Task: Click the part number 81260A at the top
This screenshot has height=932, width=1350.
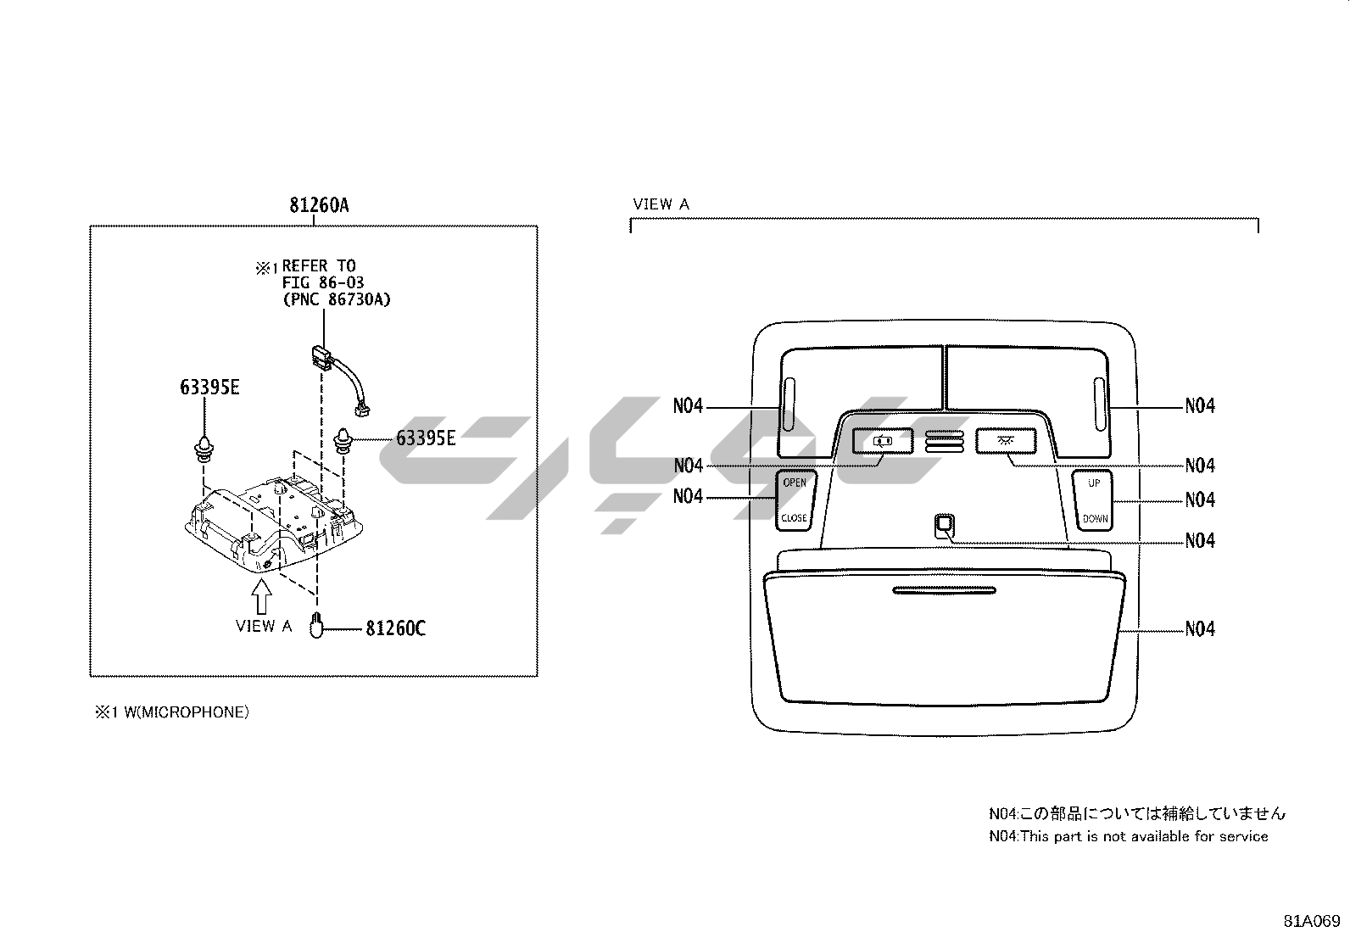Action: coord(320,206)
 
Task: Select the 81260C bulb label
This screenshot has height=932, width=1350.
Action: coord(395,629)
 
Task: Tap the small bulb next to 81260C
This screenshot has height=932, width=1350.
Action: coord(316,626)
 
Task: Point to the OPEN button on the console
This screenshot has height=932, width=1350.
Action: coord(795,483)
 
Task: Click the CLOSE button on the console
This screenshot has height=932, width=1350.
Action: coord(795,517)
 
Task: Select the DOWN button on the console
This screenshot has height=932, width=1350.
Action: coord(1094,517)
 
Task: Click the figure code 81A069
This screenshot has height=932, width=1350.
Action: coord(1311,919)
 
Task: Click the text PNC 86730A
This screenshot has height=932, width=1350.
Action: coord(337,299)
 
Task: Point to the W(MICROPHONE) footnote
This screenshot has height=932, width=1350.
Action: coord(171,712)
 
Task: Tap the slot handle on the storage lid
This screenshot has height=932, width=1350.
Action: coord(944,590)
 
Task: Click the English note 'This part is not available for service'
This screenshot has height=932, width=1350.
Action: coord(1129,836)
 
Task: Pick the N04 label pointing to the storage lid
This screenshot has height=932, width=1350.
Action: coord(1200,629)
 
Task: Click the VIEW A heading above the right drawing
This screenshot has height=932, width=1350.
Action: coord(661,204)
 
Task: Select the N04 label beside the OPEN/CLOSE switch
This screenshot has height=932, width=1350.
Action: coord(689,497)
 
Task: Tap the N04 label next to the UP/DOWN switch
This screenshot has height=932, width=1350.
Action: coord(1200,500)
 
